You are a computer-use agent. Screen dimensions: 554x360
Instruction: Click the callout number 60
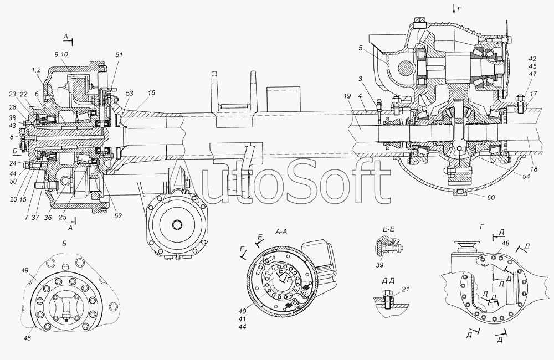pyautogui.click(x=491, y=198)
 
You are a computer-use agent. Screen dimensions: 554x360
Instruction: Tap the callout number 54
pyautogui.click(x=526, y=177)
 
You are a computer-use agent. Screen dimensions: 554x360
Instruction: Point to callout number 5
pyautogui.click(x=360, y=48)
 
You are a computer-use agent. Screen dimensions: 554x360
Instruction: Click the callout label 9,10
pyautogui.click(x=61, y=54)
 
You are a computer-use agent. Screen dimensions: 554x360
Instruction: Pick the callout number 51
pyautogui.click(x=119, y=55)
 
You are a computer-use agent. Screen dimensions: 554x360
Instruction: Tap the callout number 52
pyautogui.click(x=118, y=215)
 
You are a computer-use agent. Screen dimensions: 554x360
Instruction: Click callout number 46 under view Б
pyautogui.click(x=27, y=338)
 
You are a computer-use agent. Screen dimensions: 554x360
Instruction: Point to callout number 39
pyautogui.click(x=379, y=265)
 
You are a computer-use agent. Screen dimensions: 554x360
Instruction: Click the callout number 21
pyautogui.click(x=406, y=289)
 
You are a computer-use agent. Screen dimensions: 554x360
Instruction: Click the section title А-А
pyautogui.click(x=281, y=232)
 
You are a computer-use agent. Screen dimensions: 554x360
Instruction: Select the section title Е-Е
pyautogui.click(x=388, y=229)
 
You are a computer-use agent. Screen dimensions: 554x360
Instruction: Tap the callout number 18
pyautogui.click(x=534, y=169)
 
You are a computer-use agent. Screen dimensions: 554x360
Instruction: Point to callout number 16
pyautogui.click(x=151, y=93)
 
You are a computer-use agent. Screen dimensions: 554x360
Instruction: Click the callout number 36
pyautogui.click(x=48, y=218)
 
